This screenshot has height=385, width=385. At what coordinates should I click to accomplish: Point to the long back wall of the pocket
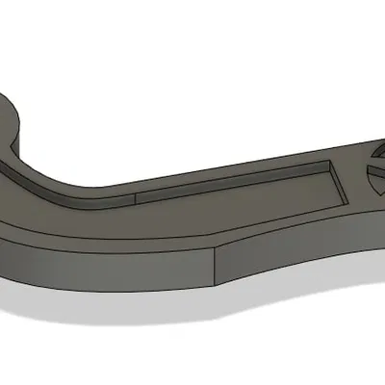tap(231, 180)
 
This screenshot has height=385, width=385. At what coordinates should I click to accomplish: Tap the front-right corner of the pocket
tap(345, 202)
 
